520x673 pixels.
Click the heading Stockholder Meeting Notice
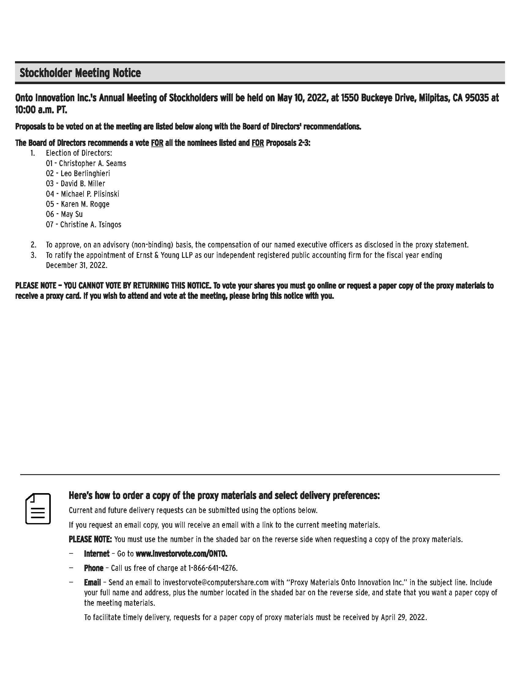pos(80,73)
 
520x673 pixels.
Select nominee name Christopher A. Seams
pos(92,163)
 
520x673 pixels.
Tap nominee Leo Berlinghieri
pos(85,173)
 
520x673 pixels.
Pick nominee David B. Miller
pos(83,184)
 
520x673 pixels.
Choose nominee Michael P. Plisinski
pos(90,194)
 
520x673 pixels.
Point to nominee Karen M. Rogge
pos(85,204)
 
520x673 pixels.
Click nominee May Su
pos(72,214)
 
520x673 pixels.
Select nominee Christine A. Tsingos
pos(91,224)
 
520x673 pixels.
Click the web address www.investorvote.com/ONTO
pos(181,554)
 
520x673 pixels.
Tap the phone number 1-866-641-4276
pos(213,568)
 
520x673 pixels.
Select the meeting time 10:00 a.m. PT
pos(41,110)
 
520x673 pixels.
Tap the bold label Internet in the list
pos(97,554)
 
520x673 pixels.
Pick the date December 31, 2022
pos(76,265)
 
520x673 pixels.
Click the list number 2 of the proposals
pos(33,245)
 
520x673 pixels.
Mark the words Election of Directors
pos(79,153)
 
